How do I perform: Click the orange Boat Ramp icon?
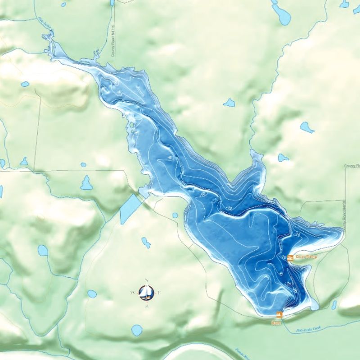290,258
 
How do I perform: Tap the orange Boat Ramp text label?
306,257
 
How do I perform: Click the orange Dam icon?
279,315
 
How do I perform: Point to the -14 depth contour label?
297,234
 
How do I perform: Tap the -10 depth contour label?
202,194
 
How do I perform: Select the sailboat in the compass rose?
146,292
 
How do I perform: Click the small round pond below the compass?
137,330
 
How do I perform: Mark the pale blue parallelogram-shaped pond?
129,208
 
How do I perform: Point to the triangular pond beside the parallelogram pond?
86,183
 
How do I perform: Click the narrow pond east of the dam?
334,305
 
